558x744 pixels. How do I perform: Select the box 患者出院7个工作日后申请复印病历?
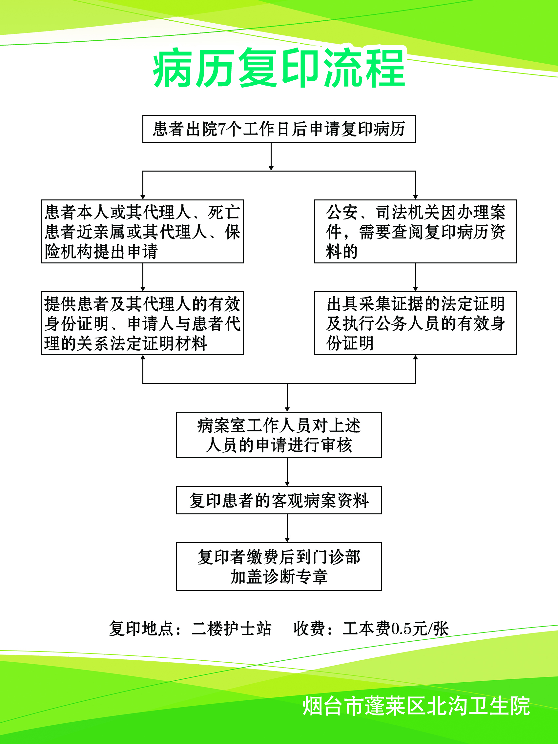click(x=279, y=129)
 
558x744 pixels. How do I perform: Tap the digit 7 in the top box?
click(x=221, y=129)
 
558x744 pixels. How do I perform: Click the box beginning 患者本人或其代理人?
click(x=142, y=231)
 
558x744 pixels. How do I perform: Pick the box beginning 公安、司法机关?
click(x=415, y=231)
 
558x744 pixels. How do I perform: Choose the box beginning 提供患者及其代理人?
click(x=142, y=323)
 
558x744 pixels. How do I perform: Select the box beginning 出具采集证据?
click(x=415, y=323)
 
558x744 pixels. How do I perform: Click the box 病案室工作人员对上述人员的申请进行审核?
click(x=279, y=435)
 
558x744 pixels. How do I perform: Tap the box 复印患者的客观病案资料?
click(x=279, y=500)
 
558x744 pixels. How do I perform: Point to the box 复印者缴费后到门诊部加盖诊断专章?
click(x=279, y=567)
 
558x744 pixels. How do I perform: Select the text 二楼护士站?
click(x=231, y=629)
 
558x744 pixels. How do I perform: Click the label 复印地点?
click(x=141, y=629)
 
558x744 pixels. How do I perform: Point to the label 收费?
click(x=309, y=629)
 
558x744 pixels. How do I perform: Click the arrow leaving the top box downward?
click(x=271, y=156)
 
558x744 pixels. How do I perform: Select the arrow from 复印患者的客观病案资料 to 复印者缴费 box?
click(x=287, y=528)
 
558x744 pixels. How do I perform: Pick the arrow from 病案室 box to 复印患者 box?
click(x=287, y=472)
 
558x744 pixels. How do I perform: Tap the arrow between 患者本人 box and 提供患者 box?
click(x=143, y=278)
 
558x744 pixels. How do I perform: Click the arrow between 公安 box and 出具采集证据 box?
click(x=415, y=278)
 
